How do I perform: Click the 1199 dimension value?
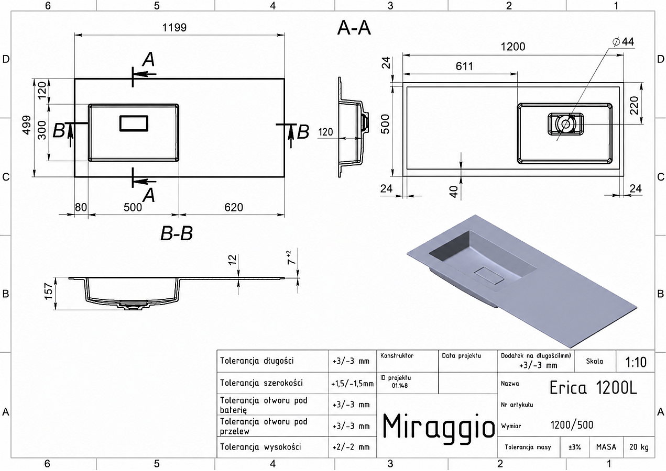[x=174, y=28]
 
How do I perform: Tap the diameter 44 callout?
[x=624, y=42]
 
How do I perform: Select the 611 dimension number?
[x=464, y=66]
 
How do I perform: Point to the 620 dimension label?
[x=234, y=207]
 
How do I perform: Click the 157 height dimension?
[x=48, y=291]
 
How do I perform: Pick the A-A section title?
[x=354, y=28]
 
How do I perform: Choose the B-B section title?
[x=177, y=233]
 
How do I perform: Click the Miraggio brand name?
[x=438, y=427]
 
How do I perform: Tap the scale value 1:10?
[x=636, y=362]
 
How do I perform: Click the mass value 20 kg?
[x=639, y=447]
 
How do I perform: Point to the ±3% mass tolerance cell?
[x=574, y=447]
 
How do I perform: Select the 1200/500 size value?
[x=572, y=425]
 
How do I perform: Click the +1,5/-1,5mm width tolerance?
[x=352, y=384]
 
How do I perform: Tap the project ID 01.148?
[x=400, y=386]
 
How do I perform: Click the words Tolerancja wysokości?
[x=260, y=447]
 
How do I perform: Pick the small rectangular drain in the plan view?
[x=134, y=123]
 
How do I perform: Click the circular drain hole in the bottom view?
[x=565, y=124]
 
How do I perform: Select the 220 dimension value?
[x=634, y=105]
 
